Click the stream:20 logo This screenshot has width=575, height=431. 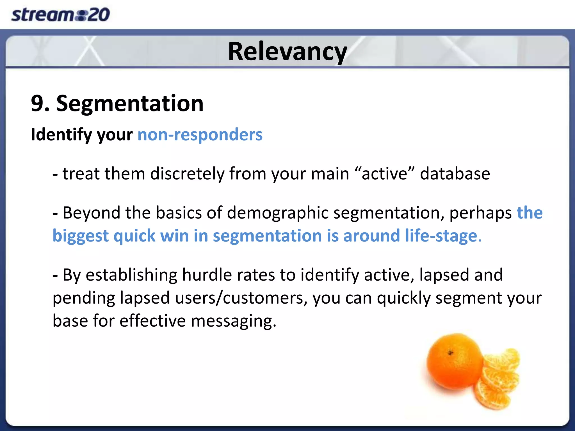(60, 15)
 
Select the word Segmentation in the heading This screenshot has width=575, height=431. (130, 104)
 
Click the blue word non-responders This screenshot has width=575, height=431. (200, 135)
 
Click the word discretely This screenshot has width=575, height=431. (187, 174)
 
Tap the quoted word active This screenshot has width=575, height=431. (385, 174)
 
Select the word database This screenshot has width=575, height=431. (455, 174)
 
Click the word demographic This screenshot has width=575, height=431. (278, 213)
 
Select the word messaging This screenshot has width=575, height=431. (234, 321)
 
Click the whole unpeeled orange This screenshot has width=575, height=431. (453, 362)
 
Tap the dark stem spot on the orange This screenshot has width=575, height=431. (451, 353)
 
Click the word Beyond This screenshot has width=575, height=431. (91, 213)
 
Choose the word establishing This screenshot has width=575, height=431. (131, 275)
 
